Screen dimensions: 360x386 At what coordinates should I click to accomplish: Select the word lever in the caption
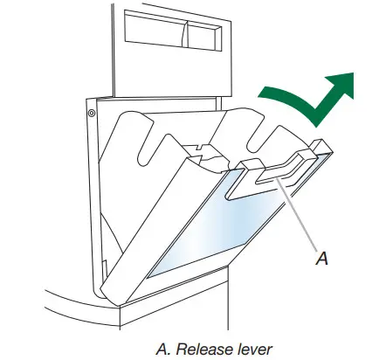pyautogui.click(x=252, y=349)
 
